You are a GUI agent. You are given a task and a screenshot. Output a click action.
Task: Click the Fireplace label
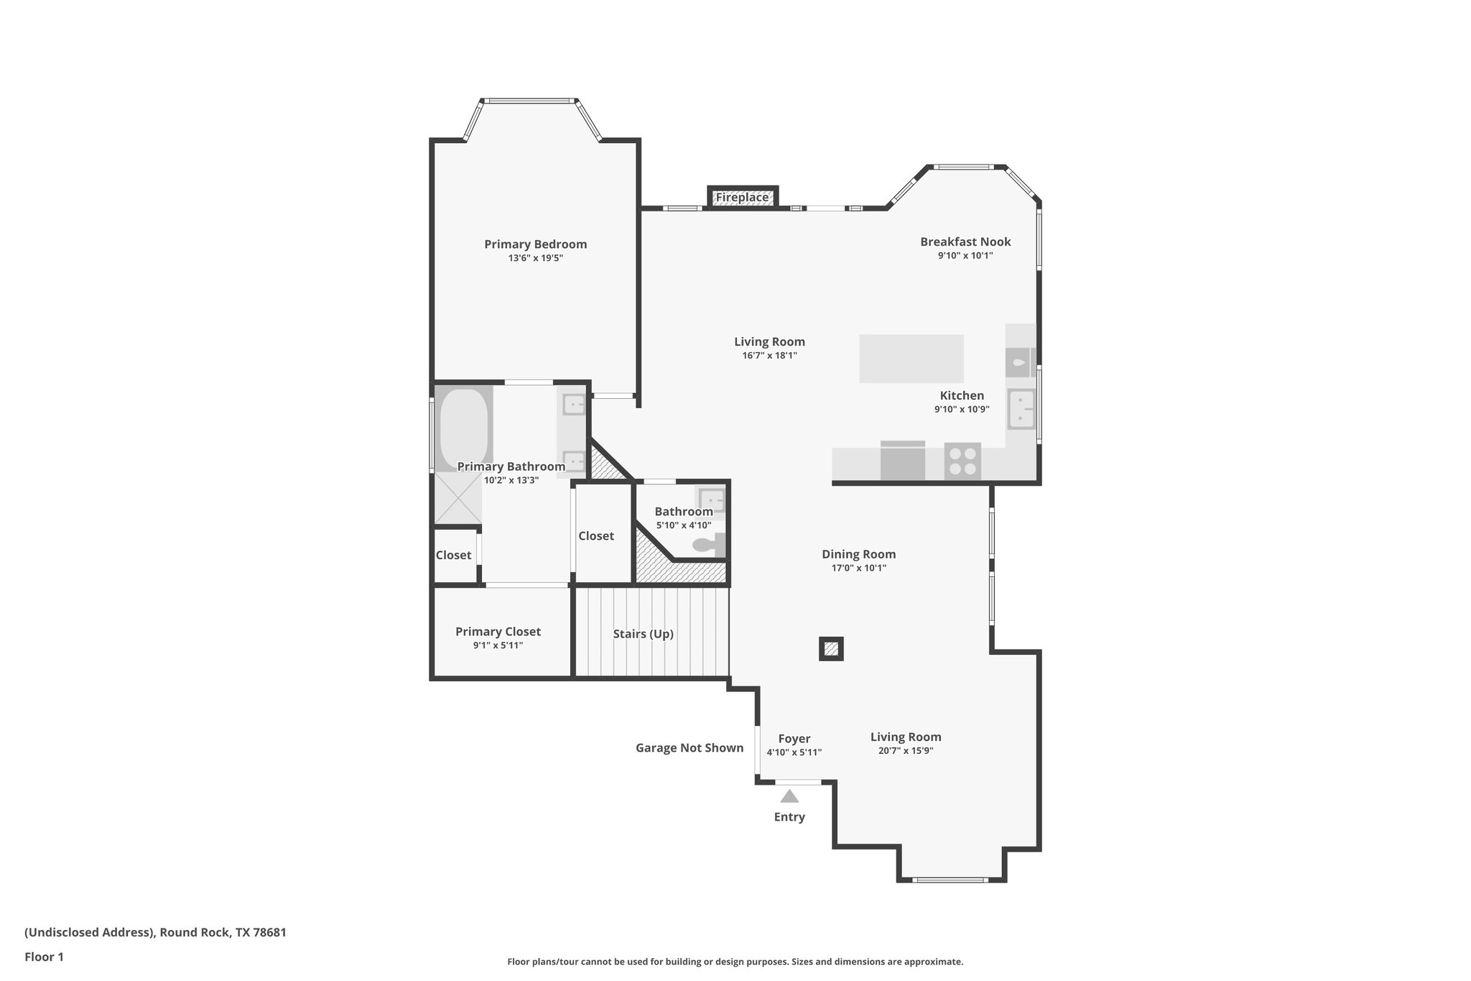742,197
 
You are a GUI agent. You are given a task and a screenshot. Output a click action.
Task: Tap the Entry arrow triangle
789,796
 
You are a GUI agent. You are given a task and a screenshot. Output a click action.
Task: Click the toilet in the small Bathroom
707,545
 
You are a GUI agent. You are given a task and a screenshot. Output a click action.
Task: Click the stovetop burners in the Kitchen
962,461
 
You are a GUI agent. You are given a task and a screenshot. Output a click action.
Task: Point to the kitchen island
911,359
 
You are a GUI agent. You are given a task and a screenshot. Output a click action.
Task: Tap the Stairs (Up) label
643,634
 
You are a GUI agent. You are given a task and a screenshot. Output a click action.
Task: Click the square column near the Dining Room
831,649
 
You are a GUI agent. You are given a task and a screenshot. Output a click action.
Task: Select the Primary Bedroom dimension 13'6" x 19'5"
535,258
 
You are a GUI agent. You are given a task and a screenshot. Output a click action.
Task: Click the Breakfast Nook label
965,241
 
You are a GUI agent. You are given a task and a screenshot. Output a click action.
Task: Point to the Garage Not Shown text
689,747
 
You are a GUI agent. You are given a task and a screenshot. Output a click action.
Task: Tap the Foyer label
794,738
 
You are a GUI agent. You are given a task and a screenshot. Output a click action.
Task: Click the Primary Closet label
498,631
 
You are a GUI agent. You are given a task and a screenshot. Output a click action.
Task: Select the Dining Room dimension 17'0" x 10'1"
858,568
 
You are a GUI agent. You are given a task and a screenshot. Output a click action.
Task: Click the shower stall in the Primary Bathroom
458,499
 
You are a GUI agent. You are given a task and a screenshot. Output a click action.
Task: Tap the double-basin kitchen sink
1021,409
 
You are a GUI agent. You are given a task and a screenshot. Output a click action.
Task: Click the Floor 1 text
44,957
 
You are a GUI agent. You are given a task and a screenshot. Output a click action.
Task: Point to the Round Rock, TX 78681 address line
155,932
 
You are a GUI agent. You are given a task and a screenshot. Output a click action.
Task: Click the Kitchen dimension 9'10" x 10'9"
962,409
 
